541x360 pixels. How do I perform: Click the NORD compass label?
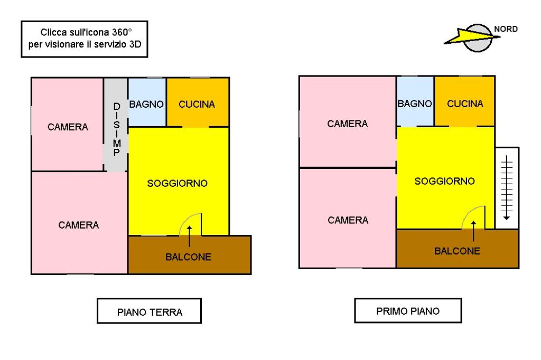click(x=506, y=29)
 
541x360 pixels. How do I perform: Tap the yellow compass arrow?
click(x=471, y=36)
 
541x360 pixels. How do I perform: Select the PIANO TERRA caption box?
click(x=149, y=311)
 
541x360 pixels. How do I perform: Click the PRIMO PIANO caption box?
click(x=408, y=310)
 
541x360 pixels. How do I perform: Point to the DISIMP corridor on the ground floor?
click(x=116, y=125)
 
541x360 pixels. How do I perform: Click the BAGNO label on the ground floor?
click(x=146, y=104)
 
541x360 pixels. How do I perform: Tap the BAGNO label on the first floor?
click(x=415, y=103)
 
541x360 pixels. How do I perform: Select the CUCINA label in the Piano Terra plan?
click(x=197, y=104)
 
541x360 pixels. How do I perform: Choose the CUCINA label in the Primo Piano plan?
click(x=465, y=103)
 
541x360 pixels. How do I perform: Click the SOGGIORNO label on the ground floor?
click(x=178, y=183)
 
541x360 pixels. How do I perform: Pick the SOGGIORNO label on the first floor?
click(x=444, y=181)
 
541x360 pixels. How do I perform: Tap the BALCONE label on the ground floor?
click(x=189, y=257)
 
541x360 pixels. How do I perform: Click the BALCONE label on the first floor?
click(x=457, y=251)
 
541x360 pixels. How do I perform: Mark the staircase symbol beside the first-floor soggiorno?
click(x=507, y=187)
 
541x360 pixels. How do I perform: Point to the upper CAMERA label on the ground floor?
click(x=68, y=127)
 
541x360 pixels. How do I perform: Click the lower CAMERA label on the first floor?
click(x=348, y=220)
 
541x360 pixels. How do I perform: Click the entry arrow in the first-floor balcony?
click(x=473, y=231)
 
